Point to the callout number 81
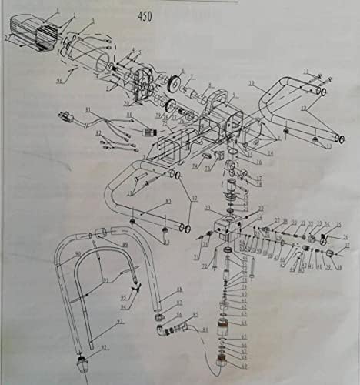coord(88,109)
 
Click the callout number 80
coord(130,115)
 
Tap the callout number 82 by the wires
coord(98,134)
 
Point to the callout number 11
coord(305,72)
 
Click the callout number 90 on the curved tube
coord(77,254)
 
